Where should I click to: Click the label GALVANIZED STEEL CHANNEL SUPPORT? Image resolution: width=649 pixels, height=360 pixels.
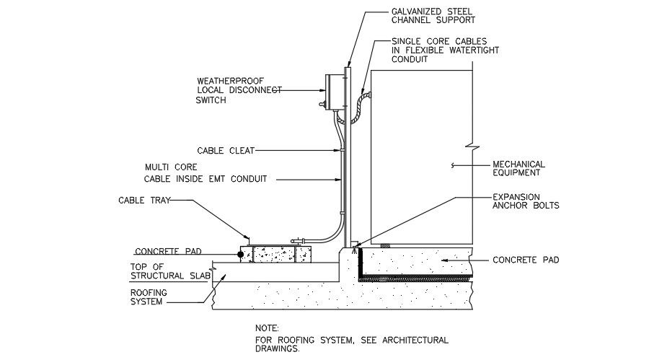click(428, 17)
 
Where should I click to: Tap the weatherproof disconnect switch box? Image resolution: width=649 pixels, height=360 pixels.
click(333, 92)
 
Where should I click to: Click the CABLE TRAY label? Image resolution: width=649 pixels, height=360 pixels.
click(144, 201)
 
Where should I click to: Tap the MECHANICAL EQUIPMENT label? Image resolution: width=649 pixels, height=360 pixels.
click(518, 168)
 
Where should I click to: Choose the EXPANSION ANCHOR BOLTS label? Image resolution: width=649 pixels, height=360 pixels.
click(525, 201)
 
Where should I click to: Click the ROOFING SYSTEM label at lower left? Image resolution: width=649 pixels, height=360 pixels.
click(149, 297)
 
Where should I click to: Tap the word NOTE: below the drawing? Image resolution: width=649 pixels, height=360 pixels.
click(267, 328)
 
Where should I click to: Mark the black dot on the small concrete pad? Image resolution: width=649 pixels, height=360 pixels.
click(241, 254)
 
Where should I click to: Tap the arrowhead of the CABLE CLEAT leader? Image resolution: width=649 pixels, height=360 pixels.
click(338, 151)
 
